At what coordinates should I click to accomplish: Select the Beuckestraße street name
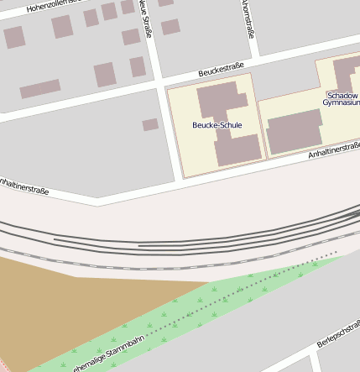coord(221,69)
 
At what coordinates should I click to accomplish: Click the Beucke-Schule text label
coord(217,125)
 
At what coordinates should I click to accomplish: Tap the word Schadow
coord(343,96)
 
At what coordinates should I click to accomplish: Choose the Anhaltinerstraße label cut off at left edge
coord(23,186)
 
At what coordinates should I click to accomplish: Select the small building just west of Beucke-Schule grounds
coord(150,124)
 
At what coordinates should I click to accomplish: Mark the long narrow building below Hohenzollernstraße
coord(39,88)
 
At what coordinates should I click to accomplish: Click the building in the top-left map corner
coord(13,37)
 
